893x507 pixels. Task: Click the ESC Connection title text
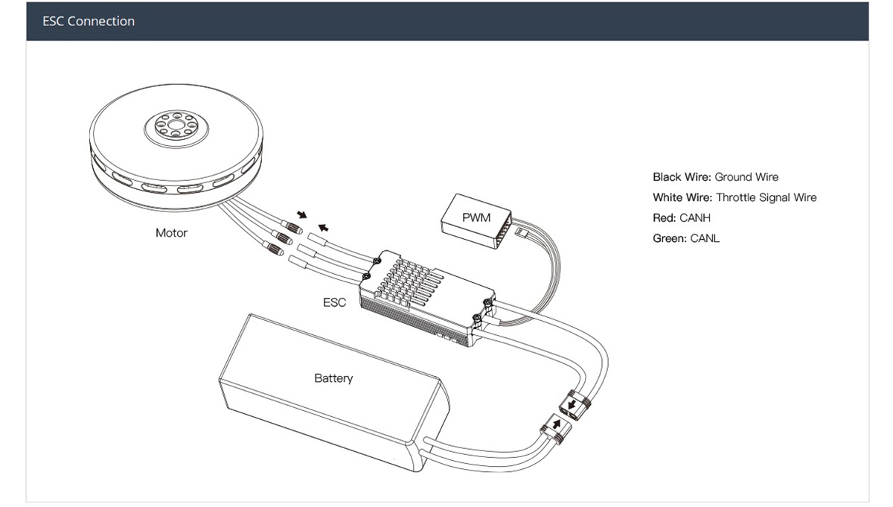(x=89, y=22)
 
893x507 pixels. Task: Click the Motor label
(x=171, y=233)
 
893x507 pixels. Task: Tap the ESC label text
(x=334, y=303)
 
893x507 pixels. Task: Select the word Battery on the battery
(x=333, y=378)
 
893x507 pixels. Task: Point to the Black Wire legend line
(x=715, y=177)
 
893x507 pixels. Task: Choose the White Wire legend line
(x=734, y=197)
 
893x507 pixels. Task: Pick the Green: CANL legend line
(x=686, y=239)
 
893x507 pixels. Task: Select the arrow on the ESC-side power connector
(x=572, y=405)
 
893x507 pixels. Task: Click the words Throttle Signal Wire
(x=766, y=197)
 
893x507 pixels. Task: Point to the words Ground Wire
(x=746, y=177)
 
